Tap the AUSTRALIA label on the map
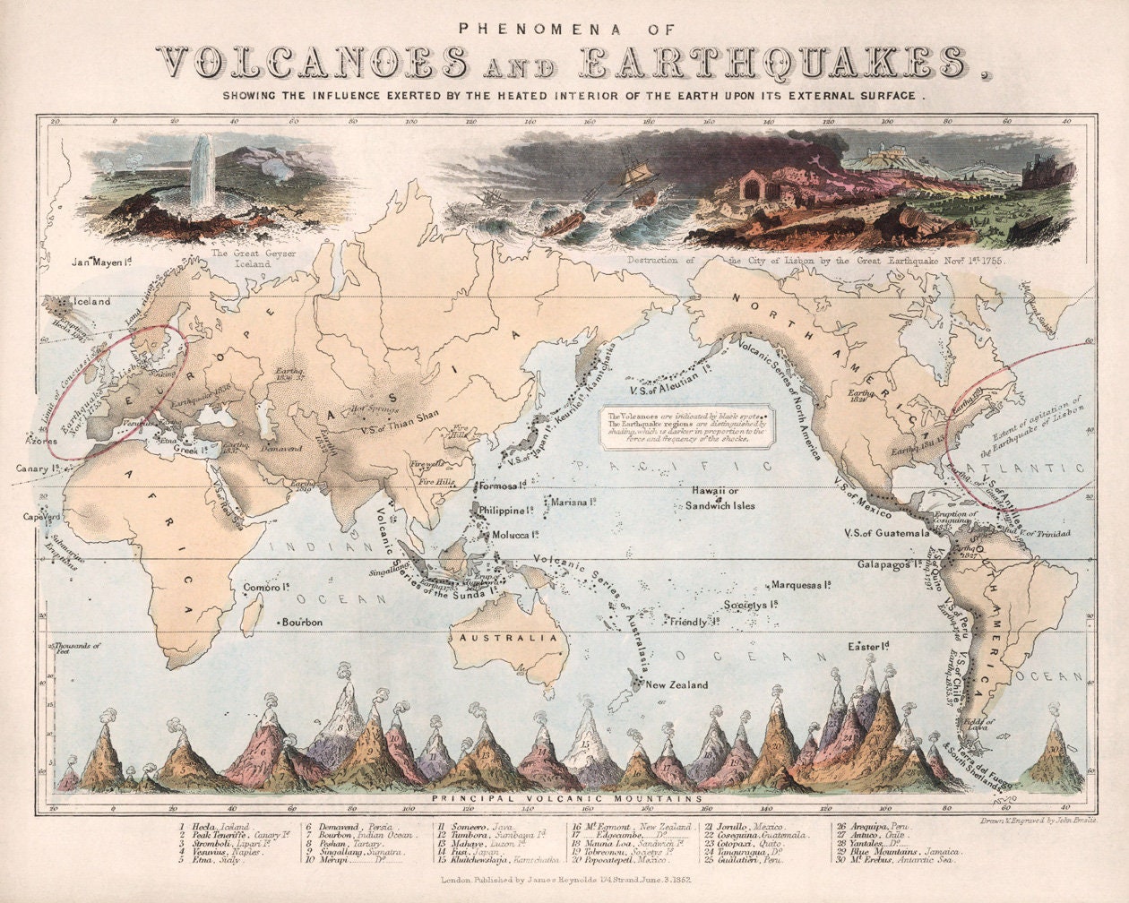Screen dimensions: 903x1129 (x=509, y=639)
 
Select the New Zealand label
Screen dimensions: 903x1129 (x=677, y=684)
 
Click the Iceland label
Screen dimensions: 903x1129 (x=92, y=301)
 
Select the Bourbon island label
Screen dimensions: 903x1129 (x=302, y=622)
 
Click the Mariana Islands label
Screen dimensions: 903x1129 (x=573, y=502)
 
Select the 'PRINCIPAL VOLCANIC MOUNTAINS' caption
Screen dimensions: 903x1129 (x=564, y=797)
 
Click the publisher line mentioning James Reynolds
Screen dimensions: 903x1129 (x=564, y=881)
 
